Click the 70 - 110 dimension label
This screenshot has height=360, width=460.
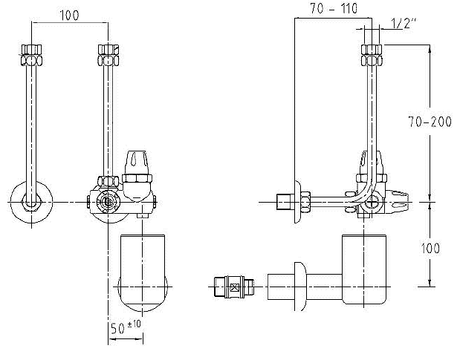pos(334,9)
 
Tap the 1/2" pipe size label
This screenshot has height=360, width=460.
pos(403,24)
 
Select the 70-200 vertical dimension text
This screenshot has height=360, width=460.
pos(430,121)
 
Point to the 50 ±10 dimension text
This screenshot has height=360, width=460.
pos(126,328)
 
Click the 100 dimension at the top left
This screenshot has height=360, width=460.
pos(69,15)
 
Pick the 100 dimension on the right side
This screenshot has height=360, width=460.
pos(430,248)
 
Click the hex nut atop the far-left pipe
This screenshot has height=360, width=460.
pos(32,55)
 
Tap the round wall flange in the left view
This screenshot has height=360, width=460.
pos(32,202)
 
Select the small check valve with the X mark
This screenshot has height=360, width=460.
pos(234,287)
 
